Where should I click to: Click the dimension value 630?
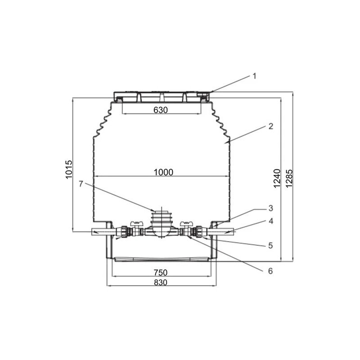pos(161,110)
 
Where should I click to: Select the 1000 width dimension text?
pos(163,172)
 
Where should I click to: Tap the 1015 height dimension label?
pos(69,169)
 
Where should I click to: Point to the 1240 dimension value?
pos(277,178)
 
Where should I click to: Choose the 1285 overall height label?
pos(289,178)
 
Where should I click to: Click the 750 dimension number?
pos(161,273)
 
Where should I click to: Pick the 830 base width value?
pos(161,282)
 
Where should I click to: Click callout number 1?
pos(254,76)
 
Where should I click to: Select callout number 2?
pos(271,126)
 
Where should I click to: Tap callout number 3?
pos(271,208)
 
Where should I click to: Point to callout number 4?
pos(271,221)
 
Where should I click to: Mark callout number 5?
pos(271,246)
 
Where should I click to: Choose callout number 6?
pos(271,271)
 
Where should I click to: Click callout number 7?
pos(81,184)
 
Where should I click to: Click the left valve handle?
pos(137,223)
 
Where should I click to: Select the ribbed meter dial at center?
pos(162,218)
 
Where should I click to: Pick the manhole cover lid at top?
pos(162,97)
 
